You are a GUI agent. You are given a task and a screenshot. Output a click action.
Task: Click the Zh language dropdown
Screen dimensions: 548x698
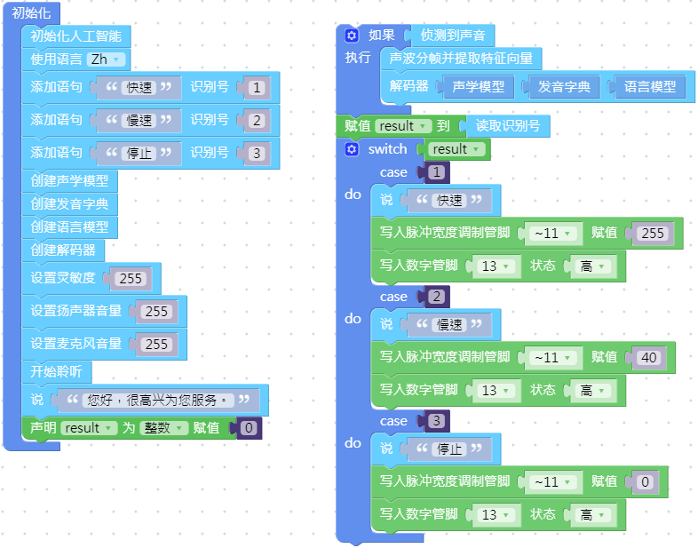click(106, 60)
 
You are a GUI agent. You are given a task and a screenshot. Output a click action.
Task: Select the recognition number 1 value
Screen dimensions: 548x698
click(256, 88)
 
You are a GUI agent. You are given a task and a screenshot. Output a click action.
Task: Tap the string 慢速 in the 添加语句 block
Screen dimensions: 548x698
click(138, 121)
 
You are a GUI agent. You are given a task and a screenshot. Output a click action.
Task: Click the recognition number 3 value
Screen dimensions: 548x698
click(256, 154)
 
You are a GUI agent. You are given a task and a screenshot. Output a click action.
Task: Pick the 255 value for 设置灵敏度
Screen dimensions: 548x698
click(131, 279)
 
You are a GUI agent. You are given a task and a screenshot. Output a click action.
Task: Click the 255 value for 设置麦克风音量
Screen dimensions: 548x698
click(156, 345)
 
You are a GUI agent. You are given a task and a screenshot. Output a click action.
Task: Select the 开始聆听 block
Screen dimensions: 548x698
click(56, 370)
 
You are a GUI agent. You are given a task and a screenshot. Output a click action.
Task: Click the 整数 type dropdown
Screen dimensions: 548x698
click(168, 428)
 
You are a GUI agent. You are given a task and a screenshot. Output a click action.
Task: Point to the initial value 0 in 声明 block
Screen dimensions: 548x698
click(249, 428)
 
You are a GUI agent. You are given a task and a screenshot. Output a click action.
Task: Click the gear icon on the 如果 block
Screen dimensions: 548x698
click(352, 36)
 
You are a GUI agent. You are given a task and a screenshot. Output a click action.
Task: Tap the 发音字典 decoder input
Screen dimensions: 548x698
click(567, 86)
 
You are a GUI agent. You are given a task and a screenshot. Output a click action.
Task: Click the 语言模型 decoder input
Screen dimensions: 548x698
click(649, 86)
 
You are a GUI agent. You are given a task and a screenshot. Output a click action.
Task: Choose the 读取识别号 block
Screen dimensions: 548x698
click(507, 125)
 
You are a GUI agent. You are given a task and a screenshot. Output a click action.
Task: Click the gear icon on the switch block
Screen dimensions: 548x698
click(352, 149)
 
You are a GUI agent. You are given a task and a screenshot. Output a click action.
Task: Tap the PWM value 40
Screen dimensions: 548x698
click(649, 357)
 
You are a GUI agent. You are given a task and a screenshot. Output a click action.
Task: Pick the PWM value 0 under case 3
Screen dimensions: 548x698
click(646, 481)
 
